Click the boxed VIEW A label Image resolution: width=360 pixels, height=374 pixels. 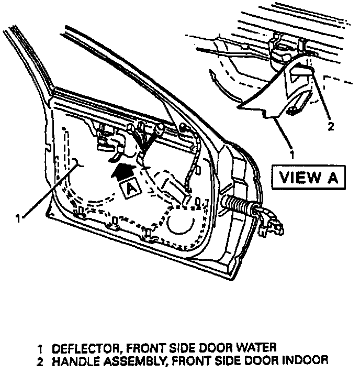point(308,177)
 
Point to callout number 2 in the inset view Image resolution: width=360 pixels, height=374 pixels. point(330,126)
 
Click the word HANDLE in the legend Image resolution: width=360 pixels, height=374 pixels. point(72,360)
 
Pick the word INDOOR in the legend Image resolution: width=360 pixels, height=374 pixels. point(307,360)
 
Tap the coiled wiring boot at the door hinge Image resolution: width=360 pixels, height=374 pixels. point(238,204)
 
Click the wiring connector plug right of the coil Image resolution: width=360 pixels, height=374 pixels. point(275,225)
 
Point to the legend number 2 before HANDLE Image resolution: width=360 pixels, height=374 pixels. point(40,360)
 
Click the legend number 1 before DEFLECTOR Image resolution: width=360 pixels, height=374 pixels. point(40,348)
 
